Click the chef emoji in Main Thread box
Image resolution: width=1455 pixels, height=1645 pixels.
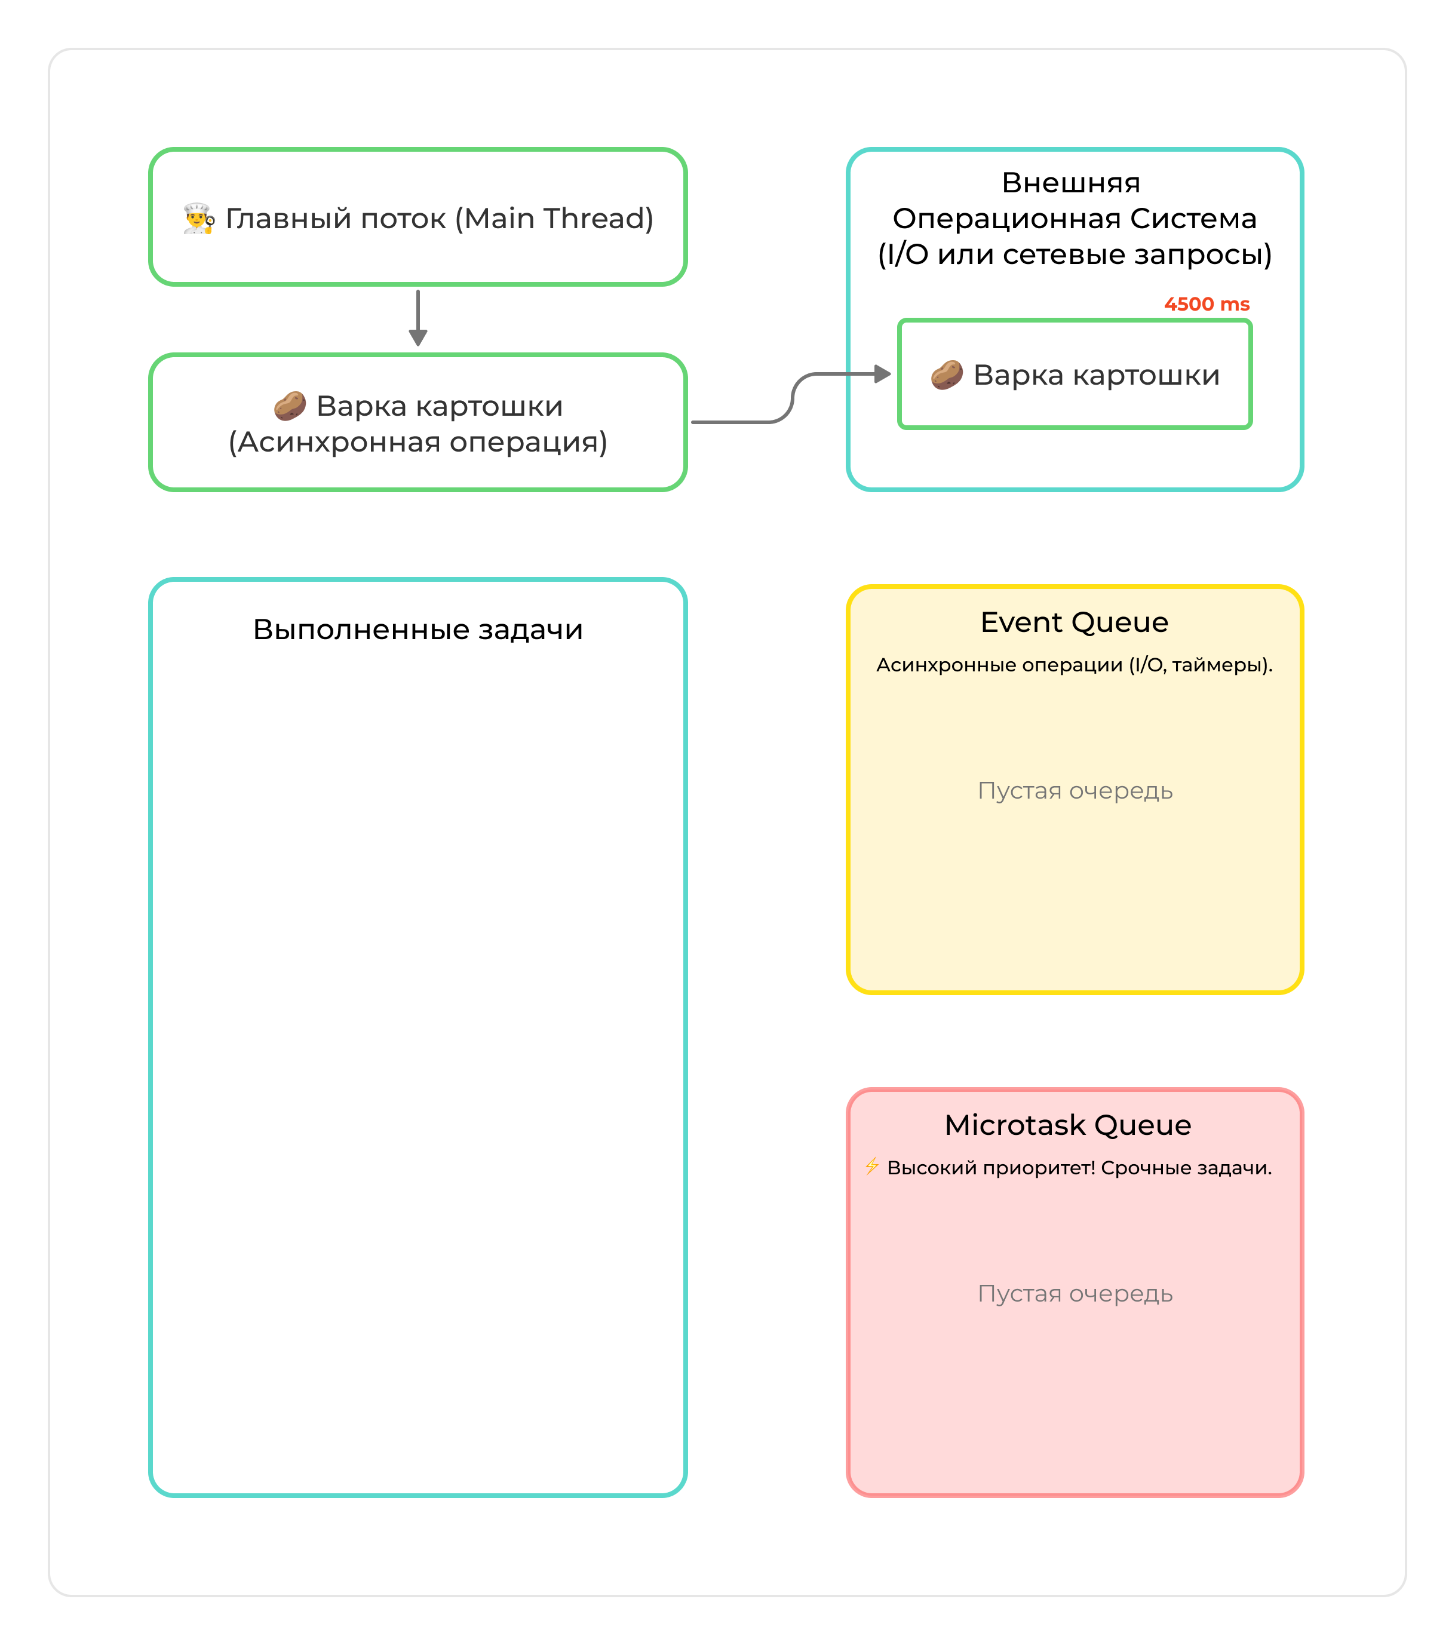[198, 219]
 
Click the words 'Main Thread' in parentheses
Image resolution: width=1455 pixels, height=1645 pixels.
[554, 219]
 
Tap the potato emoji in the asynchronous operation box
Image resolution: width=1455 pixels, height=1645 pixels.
[290, 406]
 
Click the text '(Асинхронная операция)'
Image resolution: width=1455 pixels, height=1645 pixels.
[418, 442]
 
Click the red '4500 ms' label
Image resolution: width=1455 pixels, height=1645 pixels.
[1207, 304]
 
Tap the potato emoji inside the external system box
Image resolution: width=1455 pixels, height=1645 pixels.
[946, 375]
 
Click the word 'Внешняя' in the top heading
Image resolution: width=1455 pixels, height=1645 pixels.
[1070, 183]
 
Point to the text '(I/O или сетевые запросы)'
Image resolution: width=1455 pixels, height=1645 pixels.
[1075, 254]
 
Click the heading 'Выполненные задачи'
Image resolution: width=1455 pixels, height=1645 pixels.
[418, 630]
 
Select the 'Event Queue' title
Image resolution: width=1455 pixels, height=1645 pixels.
[1075, 622]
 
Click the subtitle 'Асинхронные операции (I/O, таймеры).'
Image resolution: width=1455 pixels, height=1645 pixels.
[1075, 665]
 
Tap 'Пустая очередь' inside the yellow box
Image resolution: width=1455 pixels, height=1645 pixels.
[1075, 790]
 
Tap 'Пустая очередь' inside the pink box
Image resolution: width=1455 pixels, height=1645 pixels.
[1075, 1293]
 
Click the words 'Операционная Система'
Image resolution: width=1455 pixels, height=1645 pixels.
[1075, 218]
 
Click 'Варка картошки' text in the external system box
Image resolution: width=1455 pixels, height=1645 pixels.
[1096, 375]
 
